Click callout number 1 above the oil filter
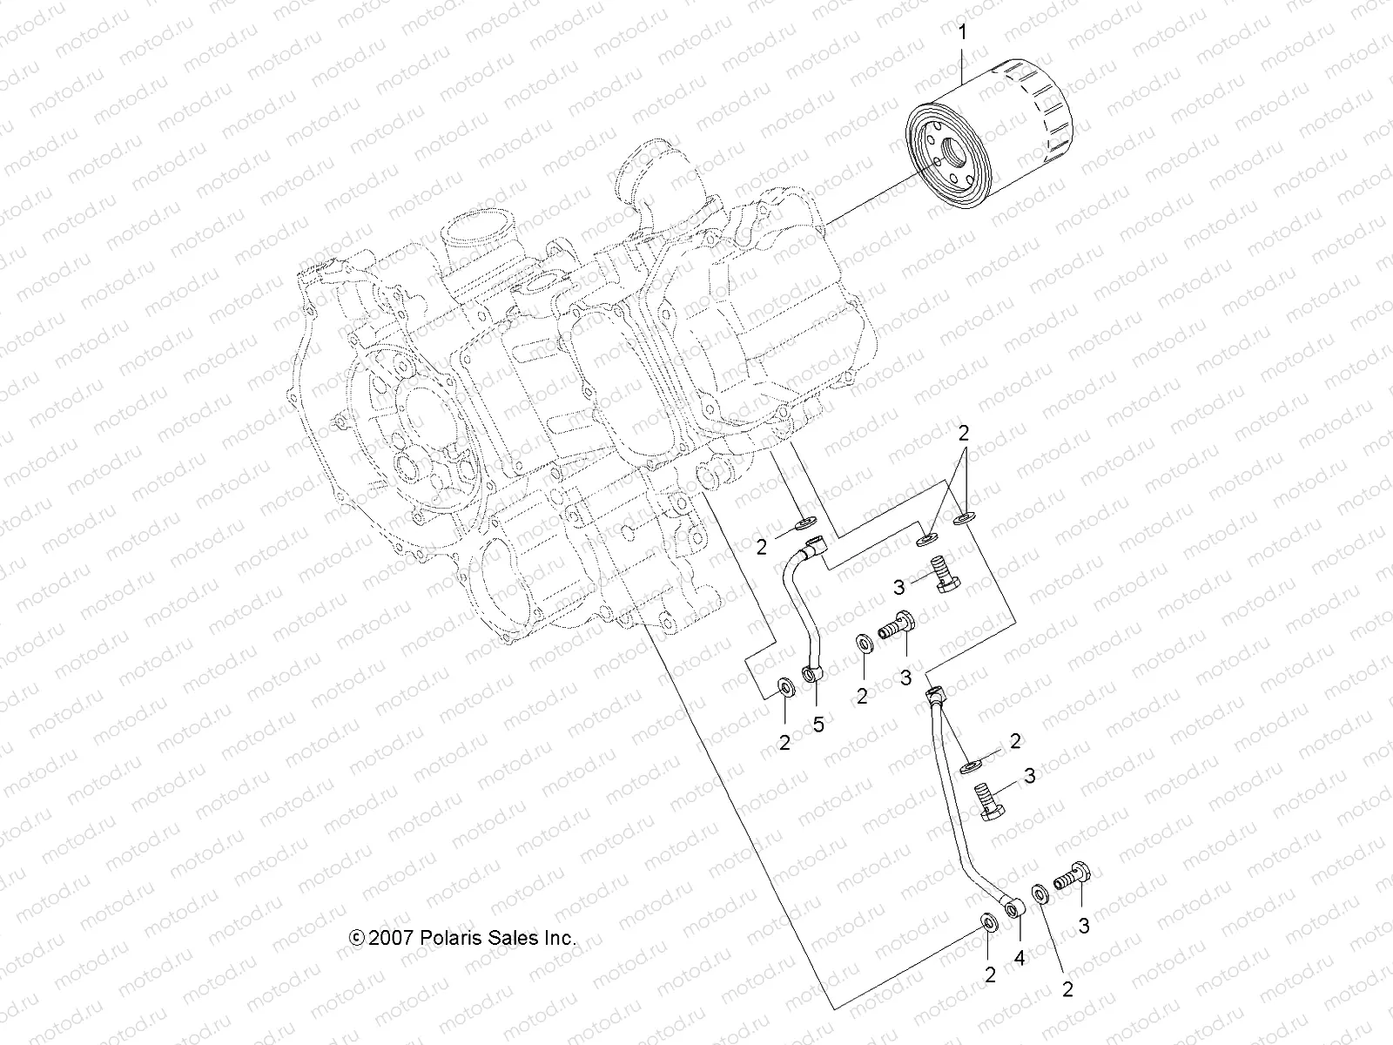pyautogui.click(x=962, y=33)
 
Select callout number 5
pyautogui.click(x=818, y=724)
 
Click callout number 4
pyautogui.click(x=1020, y=959)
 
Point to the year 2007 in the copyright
pyautogui.click(x=391, y=938)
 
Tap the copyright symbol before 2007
pyautogui.click(x=356, y=938)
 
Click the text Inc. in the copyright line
pyautogui.click(x=560, y=938)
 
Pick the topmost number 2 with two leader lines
pyautogui.click(x=964, y=433)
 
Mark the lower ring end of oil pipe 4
pyautogui.click(x=1013, y=911)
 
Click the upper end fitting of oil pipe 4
pyautogui.click(x=934, y=695)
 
